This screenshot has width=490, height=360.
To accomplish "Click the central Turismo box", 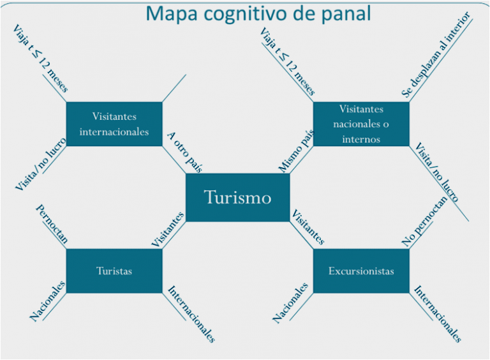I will coord(237,197).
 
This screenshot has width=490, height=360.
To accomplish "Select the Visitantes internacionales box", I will coord(114,124).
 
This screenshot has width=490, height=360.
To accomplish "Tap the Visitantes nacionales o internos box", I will coord(360,124).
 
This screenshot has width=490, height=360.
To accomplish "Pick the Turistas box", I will coord(114,271).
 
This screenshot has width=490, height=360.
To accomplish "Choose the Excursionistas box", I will coord(360,271).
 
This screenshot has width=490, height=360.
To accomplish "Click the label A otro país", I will coord(185,153).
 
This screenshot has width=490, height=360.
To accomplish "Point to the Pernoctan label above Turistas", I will coord(52,225).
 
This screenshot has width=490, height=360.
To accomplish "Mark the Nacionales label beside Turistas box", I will coord(48,300).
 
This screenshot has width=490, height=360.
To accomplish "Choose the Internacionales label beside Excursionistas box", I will coord(438,313).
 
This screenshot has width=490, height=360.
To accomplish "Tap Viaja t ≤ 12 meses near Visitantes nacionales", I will coord(287,62).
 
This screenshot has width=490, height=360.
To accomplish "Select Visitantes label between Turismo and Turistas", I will coord(168,229).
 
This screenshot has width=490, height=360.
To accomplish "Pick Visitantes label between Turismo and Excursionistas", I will coord(308,227).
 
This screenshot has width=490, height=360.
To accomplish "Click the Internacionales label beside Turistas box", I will coord(191,313).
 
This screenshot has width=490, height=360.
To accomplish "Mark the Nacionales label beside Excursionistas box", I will coord(291,302).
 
